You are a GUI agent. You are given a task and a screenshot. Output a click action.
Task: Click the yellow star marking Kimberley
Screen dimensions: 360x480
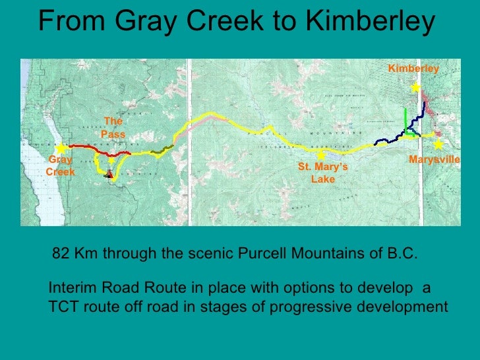[415, 87]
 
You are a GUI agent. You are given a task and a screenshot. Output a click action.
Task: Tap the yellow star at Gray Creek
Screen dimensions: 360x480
[61, 149]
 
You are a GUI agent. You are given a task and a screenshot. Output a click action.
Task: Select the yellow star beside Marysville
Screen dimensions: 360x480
[437, 144]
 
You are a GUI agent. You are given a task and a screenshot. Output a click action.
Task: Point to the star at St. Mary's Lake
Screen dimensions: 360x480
[320, 156]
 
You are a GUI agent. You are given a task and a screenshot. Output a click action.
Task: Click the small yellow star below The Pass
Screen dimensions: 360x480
[111, 160]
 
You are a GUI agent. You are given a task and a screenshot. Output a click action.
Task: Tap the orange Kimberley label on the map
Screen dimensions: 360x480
[413, 69]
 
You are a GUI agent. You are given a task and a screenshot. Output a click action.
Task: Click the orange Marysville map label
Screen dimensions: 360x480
[434, 160]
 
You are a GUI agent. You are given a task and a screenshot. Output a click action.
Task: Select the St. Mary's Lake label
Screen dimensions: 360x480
[322, 173]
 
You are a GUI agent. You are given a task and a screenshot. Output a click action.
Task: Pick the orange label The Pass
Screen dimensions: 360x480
[113, 127]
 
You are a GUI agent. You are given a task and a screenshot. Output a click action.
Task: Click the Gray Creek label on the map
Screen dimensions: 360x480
[60, 165]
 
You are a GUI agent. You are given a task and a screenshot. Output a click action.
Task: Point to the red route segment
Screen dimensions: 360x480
[86, 146]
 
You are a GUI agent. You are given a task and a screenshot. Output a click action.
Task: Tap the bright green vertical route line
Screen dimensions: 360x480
[404, 119]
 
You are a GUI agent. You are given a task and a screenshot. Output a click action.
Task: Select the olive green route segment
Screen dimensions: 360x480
[160, 151]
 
